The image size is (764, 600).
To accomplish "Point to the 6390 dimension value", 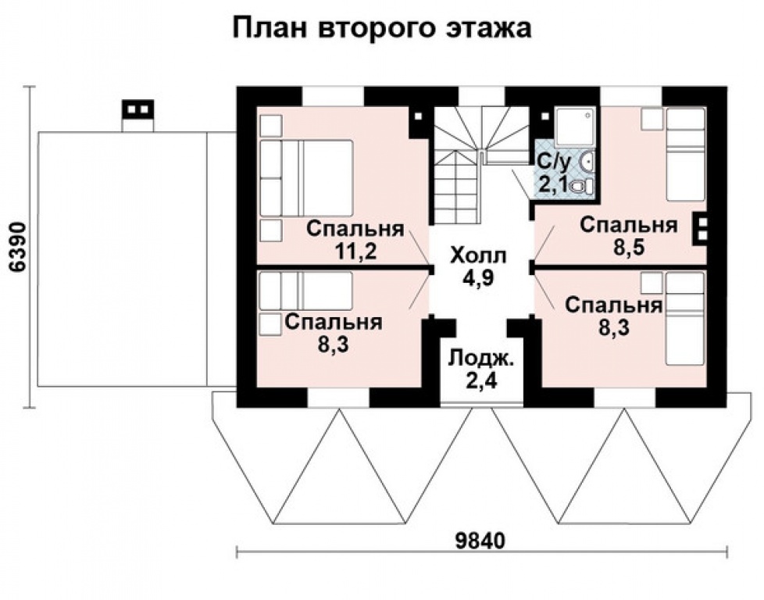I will pyautogui.click(x=17, y=247).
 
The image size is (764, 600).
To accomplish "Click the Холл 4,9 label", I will pyautogui.click(x=479, y=266).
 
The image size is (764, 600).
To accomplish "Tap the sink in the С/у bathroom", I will pyautogui.click(x=590, y=162).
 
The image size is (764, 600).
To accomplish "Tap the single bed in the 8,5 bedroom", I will pyautogui.click(x=685, y=154).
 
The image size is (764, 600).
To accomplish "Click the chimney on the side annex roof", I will pyautogui.click(x=138, y=116).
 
